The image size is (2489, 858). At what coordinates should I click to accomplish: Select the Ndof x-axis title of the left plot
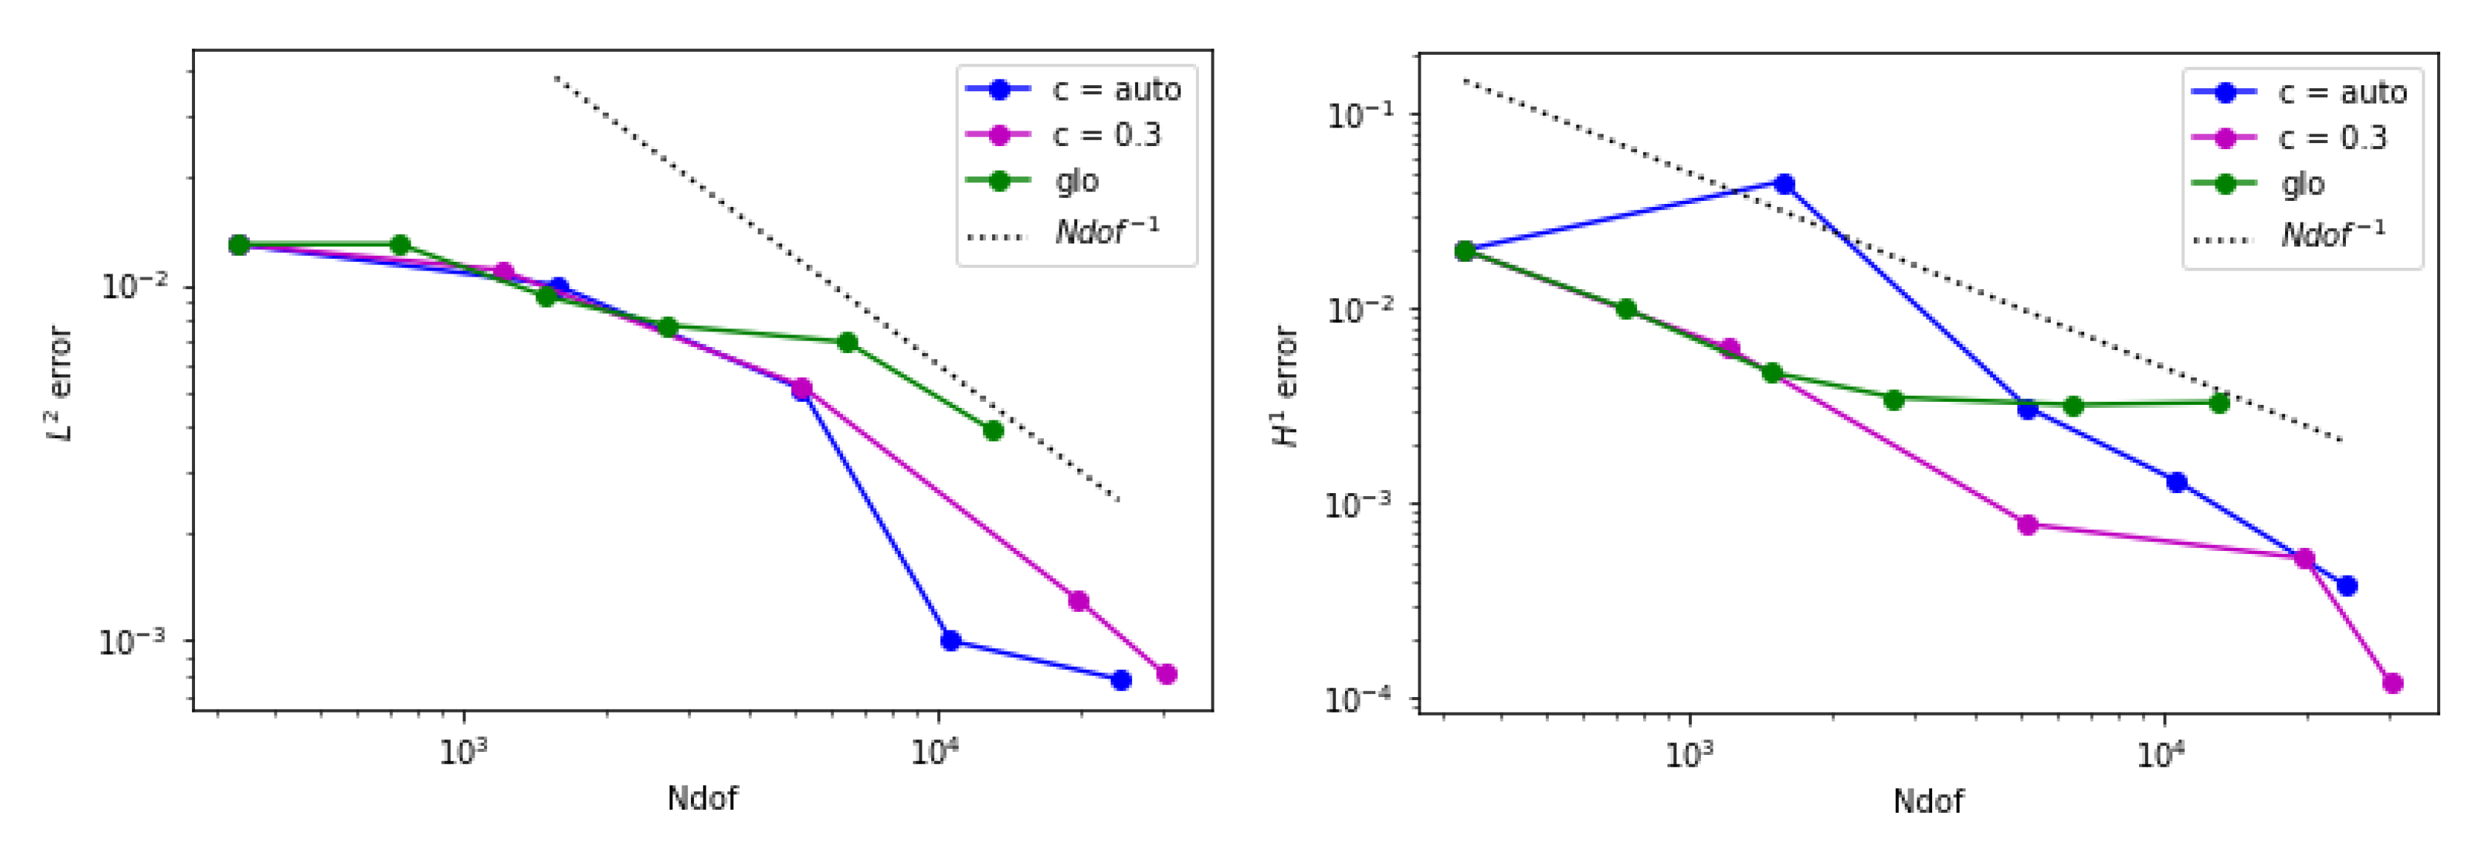pos(702,798)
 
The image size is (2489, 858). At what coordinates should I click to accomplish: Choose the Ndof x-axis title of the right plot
pos(1928,800)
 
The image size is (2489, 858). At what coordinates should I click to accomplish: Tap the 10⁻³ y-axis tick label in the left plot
pos(131,641)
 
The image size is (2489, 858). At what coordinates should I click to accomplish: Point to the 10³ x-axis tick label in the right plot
pos(1689,753)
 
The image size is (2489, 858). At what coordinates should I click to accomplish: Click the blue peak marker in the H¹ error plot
pos(1785,185)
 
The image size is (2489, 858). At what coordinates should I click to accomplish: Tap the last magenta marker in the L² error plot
pos(1166,673)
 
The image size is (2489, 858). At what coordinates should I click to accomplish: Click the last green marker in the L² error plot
pos(992,430)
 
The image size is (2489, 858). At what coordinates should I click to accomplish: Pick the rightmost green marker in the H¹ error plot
pos(2219,403)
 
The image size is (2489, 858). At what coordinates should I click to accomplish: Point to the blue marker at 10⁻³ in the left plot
pos(951,641)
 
